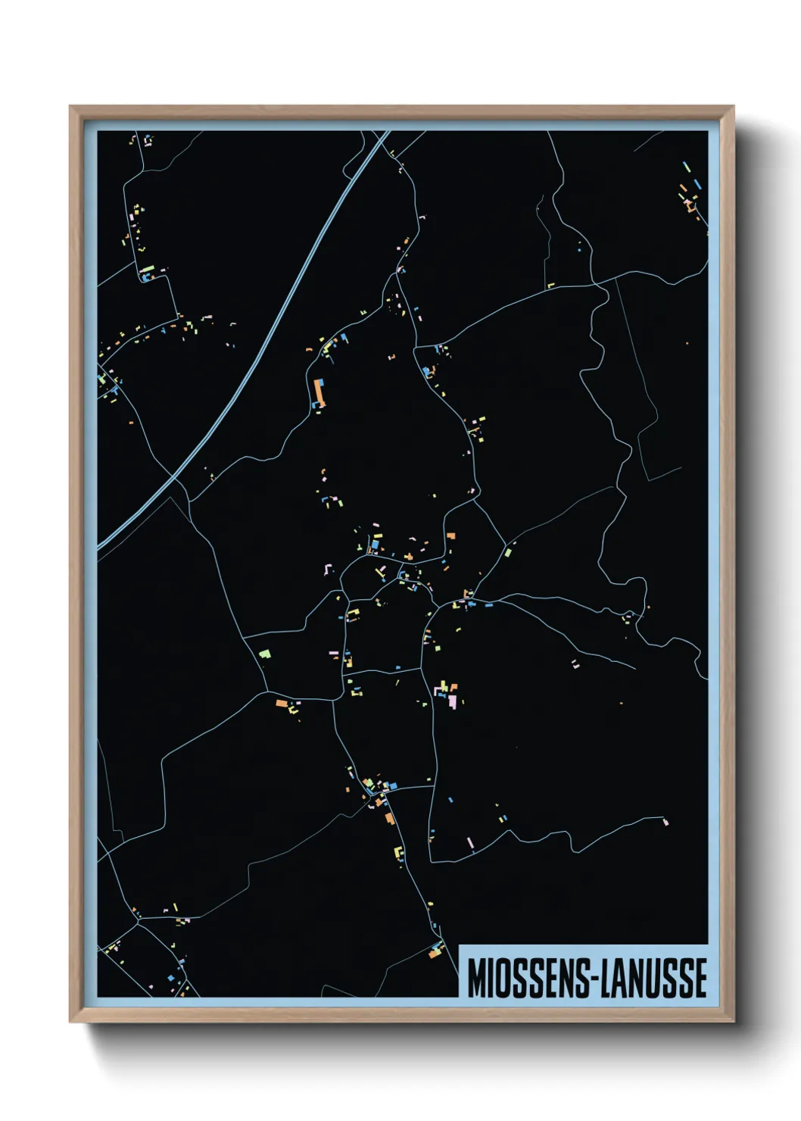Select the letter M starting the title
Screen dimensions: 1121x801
tap(476, 978)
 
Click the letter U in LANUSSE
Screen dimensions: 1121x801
tap(656, 978)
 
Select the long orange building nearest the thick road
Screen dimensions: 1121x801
tap(319, 392)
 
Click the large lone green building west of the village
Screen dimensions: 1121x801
tap(264, 652)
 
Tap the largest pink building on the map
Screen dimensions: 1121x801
tap(452, 701)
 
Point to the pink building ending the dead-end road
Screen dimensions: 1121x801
tap(665, 820)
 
